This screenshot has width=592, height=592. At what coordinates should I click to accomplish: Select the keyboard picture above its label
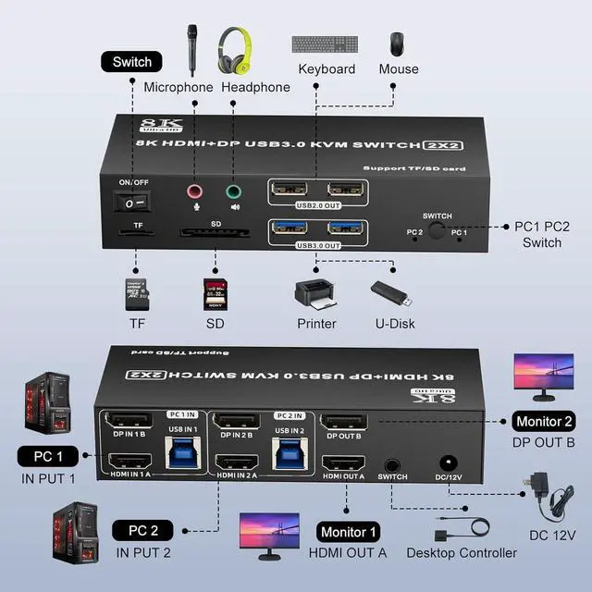pyautogui.click(x=327, y=44)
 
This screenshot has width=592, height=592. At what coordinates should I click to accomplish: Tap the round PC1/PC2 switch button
pyautogui.click(x=436, y=230)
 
